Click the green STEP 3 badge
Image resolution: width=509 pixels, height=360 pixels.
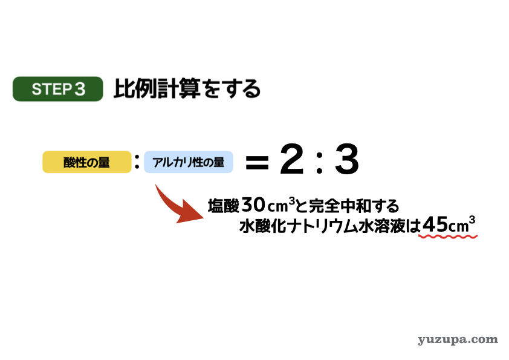[x=58, y=89]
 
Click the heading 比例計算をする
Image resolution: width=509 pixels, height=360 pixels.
[x=187, y=89]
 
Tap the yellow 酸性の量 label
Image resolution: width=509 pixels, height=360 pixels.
[x=86, y=162]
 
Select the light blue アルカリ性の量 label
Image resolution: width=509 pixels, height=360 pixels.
[x=188, y=162]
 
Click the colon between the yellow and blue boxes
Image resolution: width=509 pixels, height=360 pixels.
[x=137, y=162]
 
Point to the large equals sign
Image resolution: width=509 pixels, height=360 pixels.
[x=257, y=163]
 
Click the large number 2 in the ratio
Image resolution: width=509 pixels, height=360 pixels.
[x=292, y=159]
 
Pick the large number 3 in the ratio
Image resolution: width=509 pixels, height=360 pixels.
[x=347, y=159]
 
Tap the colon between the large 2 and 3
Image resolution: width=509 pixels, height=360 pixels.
[x=320, y=162]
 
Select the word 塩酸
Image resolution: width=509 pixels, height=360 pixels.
[x=223, y=206]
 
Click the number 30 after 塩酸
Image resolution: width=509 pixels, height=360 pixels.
[x=253, y=205]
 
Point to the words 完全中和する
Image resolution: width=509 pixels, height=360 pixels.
[x=354, y=206]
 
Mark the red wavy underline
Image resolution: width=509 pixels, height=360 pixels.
[x=448, y=237]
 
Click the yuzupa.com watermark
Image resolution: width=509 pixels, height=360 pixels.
[x=458, y=340]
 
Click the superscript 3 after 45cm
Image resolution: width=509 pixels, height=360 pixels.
[x=472, y=220]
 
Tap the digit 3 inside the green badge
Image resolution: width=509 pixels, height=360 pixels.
[x=80, y=89]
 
